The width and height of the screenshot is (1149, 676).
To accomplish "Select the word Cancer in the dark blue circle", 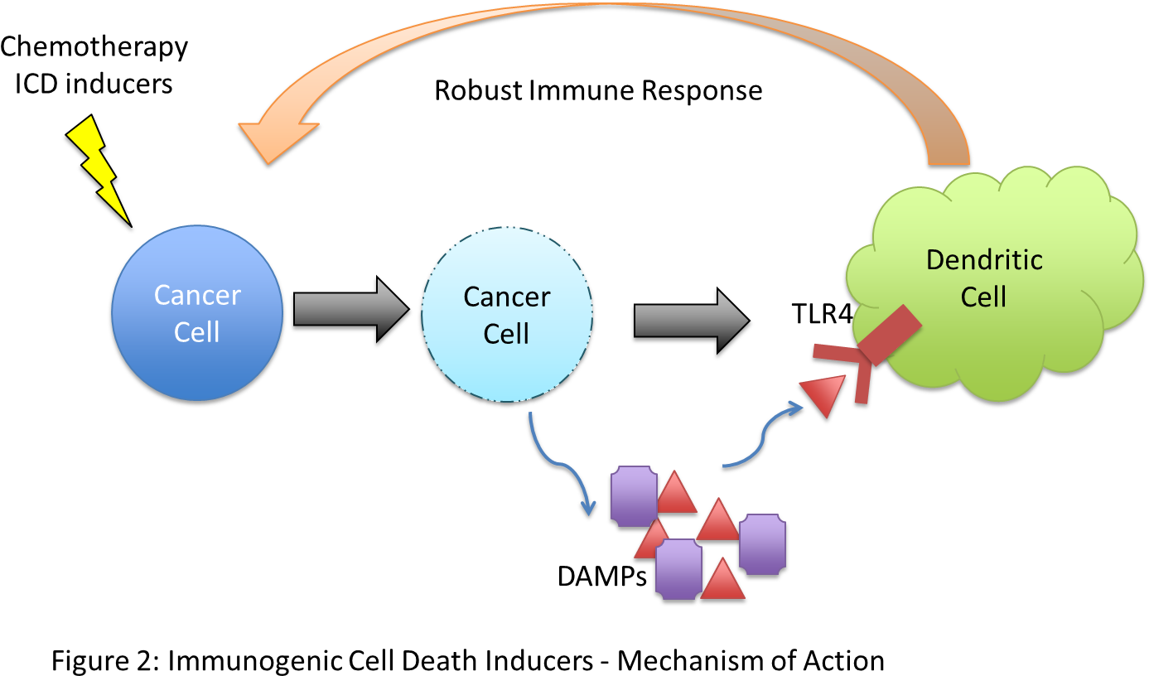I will pyautogui.click(x=197, y=295).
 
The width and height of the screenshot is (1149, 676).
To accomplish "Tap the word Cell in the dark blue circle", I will pyautogui.click(x=197, y=332).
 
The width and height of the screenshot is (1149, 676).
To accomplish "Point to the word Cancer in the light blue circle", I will pyautogui.click(x=506, y=297).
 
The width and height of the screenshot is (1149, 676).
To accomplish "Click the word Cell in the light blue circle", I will pyautogui.click(x=506, y=334).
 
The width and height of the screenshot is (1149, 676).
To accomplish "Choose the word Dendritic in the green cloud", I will pyautogui.click(x=984, y=260).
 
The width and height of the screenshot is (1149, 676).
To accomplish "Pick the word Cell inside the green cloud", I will pyautogui.click(x=983, y=297).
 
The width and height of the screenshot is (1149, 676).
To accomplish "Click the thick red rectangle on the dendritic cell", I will pyautogui.click(x=890, y=336).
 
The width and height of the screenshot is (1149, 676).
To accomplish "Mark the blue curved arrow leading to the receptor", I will pyautogui.click(x=762, y=435).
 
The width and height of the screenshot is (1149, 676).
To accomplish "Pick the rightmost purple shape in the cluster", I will pyautogui.click(x=762, y=543).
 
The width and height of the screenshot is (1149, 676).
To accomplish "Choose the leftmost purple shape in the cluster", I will pyautogui.click(x=634, y=496).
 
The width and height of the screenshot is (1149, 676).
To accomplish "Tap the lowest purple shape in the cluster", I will pyautogui.click(x=678, y=569).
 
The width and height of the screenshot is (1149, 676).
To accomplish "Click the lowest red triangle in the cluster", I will pyautogui.click(x=723, y=581).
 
